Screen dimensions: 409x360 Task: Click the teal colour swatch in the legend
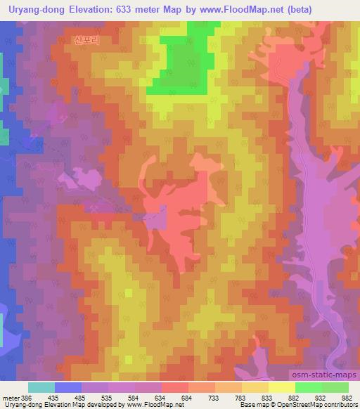(41, 387)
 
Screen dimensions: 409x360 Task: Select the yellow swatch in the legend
(282, 387)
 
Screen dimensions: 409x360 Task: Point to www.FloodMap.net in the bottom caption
(122, 405)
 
